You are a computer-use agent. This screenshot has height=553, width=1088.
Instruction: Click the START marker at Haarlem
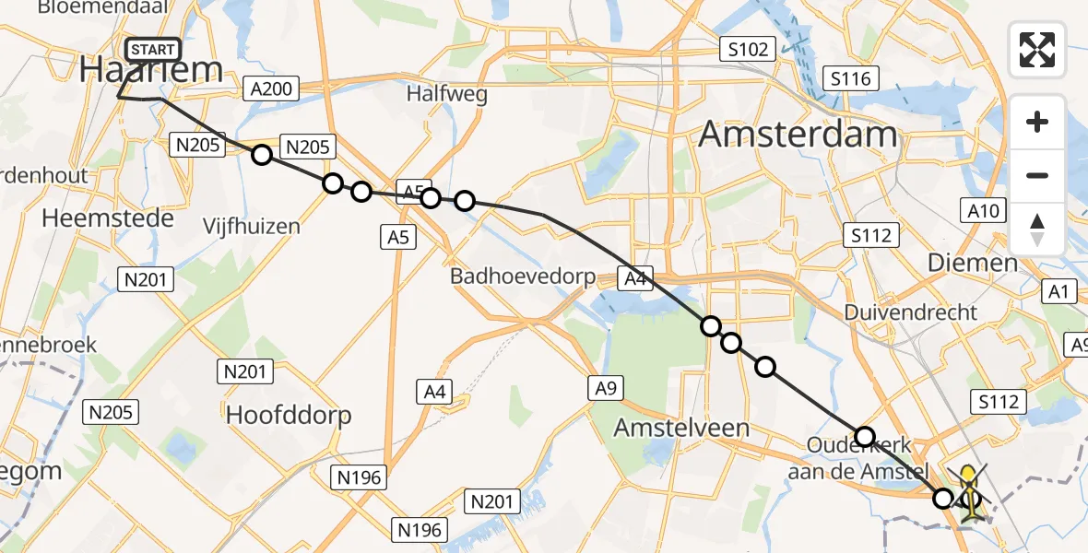click(149, 50)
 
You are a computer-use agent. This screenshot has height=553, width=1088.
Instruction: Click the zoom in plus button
click(1037, 123)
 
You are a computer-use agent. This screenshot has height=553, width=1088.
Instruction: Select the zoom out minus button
click(1037, 175)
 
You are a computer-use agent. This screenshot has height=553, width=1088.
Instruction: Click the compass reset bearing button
click(1037, 228)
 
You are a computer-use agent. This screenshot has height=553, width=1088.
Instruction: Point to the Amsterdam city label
click(797, 135)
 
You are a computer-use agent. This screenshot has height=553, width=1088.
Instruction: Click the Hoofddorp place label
click(289, 415)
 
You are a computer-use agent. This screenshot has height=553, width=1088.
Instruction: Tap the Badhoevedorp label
click(523, 276)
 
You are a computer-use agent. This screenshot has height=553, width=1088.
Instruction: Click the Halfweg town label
click(446, 94)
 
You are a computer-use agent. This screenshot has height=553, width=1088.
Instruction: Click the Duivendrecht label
click(908, 312)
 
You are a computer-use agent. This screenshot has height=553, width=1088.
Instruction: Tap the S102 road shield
click(747, 49)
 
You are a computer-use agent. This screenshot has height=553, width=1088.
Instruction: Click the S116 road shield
click(849, 79)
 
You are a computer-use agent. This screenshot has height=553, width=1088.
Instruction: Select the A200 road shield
click(270, 89)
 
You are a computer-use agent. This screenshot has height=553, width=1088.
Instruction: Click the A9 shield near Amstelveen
click(605, 389)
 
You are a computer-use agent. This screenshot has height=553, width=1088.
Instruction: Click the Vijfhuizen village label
click(254, 226)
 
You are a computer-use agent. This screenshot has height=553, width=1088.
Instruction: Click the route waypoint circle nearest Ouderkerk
click(864, 436)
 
